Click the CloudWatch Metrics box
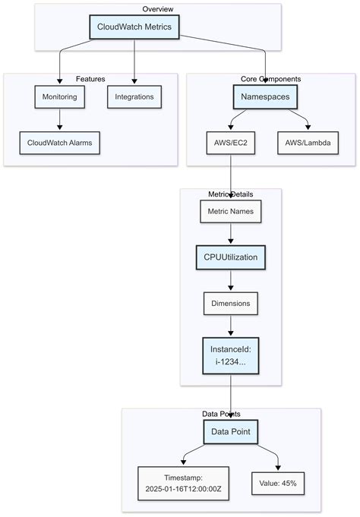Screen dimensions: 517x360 134,27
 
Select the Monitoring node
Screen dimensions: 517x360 59,97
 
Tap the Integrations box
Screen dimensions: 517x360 134,97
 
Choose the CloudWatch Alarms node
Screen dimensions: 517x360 59,142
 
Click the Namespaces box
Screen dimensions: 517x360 265,97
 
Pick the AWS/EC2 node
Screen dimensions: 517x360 230,142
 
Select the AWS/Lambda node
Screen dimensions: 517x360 308,142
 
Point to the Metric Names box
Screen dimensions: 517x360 230,212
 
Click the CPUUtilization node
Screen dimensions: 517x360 230,257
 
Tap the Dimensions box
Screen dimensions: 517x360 230,303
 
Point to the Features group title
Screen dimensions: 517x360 90,79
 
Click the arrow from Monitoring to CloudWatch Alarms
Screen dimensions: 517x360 59,119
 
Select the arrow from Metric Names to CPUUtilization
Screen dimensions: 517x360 230,235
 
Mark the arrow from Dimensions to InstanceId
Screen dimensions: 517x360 230,326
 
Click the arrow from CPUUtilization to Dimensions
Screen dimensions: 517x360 230,280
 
